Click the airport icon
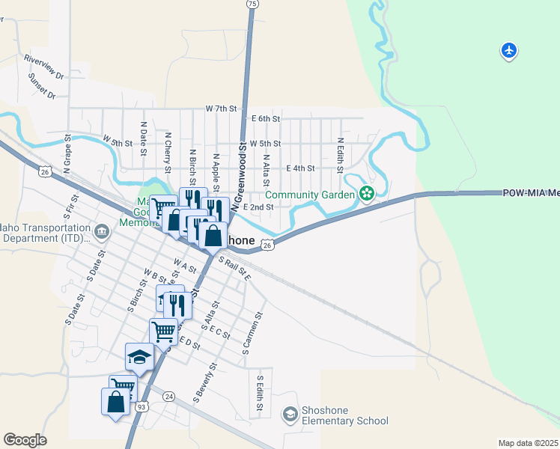point(509,51)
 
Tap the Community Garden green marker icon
point(366,195)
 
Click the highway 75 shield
point(253,4)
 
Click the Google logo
point(25,440)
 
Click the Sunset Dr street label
point(42,85)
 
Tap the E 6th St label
point(266,119)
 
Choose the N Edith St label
point(340,154)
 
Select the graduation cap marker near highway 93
point(139,357)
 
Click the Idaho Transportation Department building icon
point(102,232)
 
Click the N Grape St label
point(67,154)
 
